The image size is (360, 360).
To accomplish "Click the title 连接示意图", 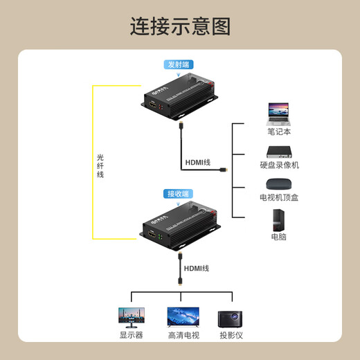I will click(180, 26).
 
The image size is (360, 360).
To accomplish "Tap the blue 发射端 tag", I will click(177, 64).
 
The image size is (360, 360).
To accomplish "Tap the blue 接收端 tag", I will click(178, 194).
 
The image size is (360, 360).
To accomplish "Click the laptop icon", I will click(279, 114).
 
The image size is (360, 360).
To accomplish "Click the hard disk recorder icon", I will click(279, 151).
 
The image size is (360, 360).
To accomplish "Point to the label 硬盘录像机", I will click(279, 165).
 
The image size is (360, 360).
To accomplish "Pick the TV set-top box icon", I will click(279, 184).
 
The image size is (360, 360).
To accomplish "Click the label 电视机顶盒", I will click(279, 197).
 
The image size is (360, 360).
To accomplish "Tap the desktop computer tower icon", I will click(279, 219).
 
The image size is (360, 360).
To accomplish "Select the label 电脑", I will click(279, 237).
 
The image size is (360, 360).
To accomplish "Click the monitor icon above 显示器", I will click(132, 318).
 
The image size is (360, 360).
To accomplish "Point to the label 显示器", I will click(132, 335).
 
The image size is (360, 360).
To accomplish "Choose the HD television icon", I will click(183, 317).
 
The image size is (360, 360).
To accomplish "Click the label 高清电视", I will click(183, 335).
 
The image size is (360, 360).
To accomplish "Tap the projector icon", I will click(231, 318).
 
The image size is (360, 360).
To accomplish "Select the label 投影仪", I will click(231, 335).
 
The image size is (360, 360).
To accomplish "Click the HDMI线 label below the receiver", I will click(197, 268).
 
